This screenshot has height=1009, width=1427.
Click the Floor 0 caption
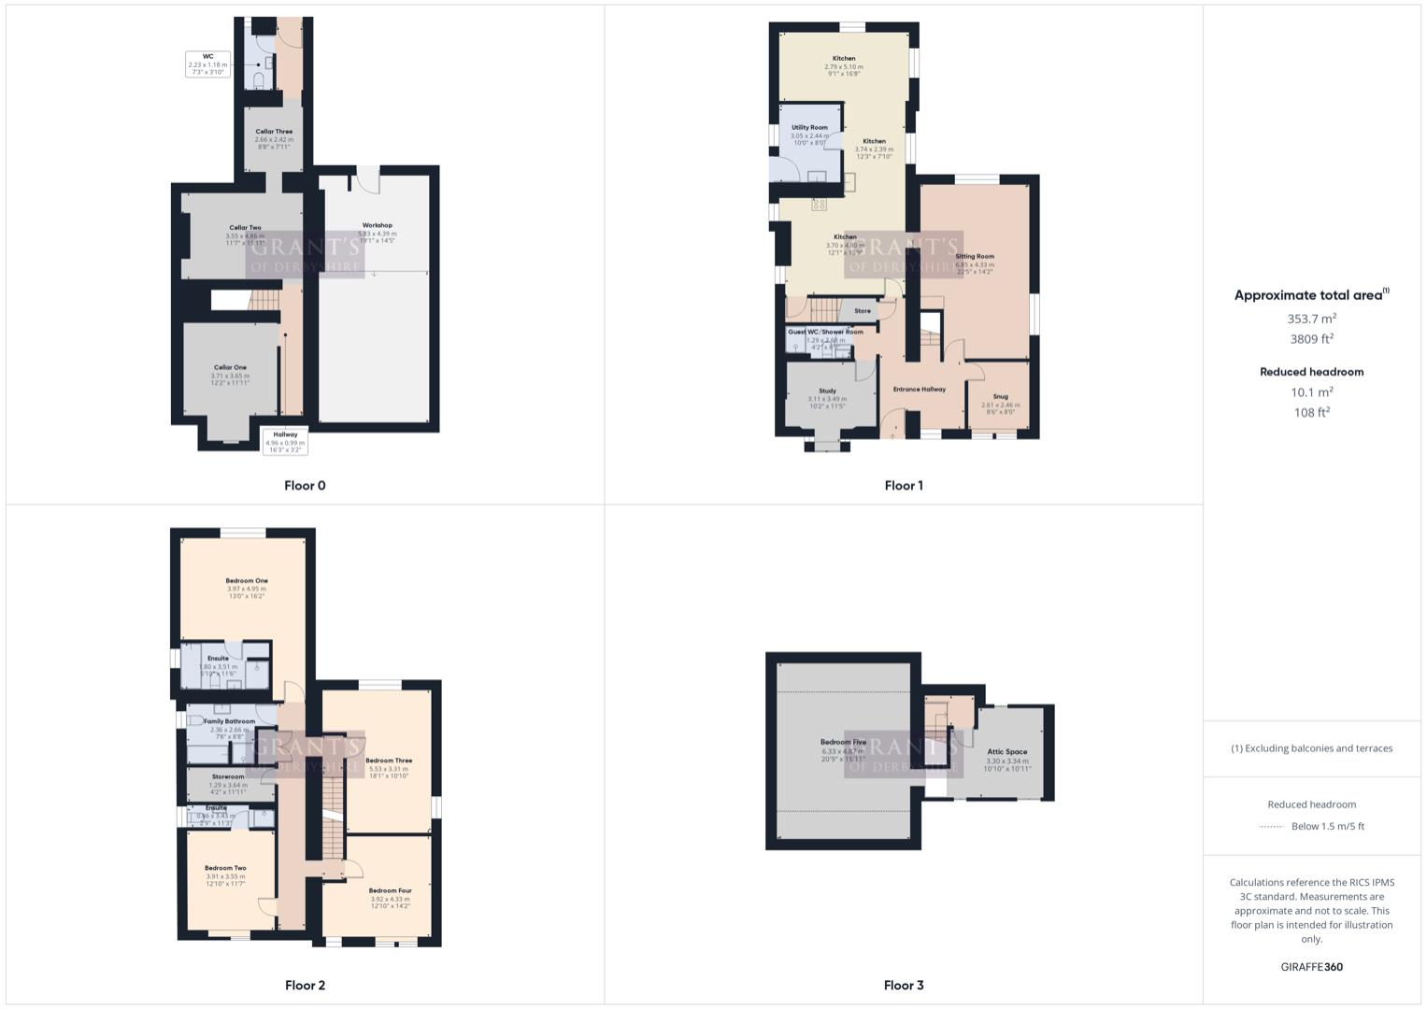305,485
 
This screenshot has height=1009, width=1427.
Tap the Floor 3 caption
903,985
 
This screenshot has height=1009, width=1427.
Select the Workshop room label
377,225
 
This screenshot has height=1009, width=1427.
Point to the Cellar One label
230,367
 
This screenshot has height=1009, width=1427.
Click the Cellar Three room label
274,132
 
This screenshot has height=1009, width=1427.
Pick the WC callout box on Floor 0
207,64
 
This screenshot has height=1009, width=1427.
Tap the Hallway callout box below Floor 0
285,442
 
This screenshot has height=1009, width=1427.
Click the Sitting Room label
975,256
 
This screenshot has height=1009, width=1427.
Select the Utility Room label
809,127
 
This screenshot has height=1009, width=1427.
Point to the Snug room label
1000,396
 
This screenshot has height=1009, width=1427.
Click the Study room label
827,391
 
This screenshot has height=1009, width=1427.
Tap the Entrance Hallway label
919,389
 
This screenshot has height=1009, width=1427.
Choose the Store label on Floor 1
863,311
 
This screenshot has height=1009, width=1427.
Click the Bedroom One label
247,581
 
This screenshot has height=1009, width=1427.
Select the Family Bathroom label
229,721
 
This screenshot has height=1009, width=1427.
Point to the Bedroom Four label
390,890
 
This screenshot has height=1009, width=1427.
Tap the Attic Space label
1006,751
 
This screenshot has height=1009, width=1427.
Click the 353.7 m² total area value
1311,319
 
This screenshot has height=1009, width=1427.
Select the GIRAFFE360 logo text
1311,967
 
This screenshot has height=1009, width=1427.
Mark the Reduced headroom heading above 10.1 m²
1311,372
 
